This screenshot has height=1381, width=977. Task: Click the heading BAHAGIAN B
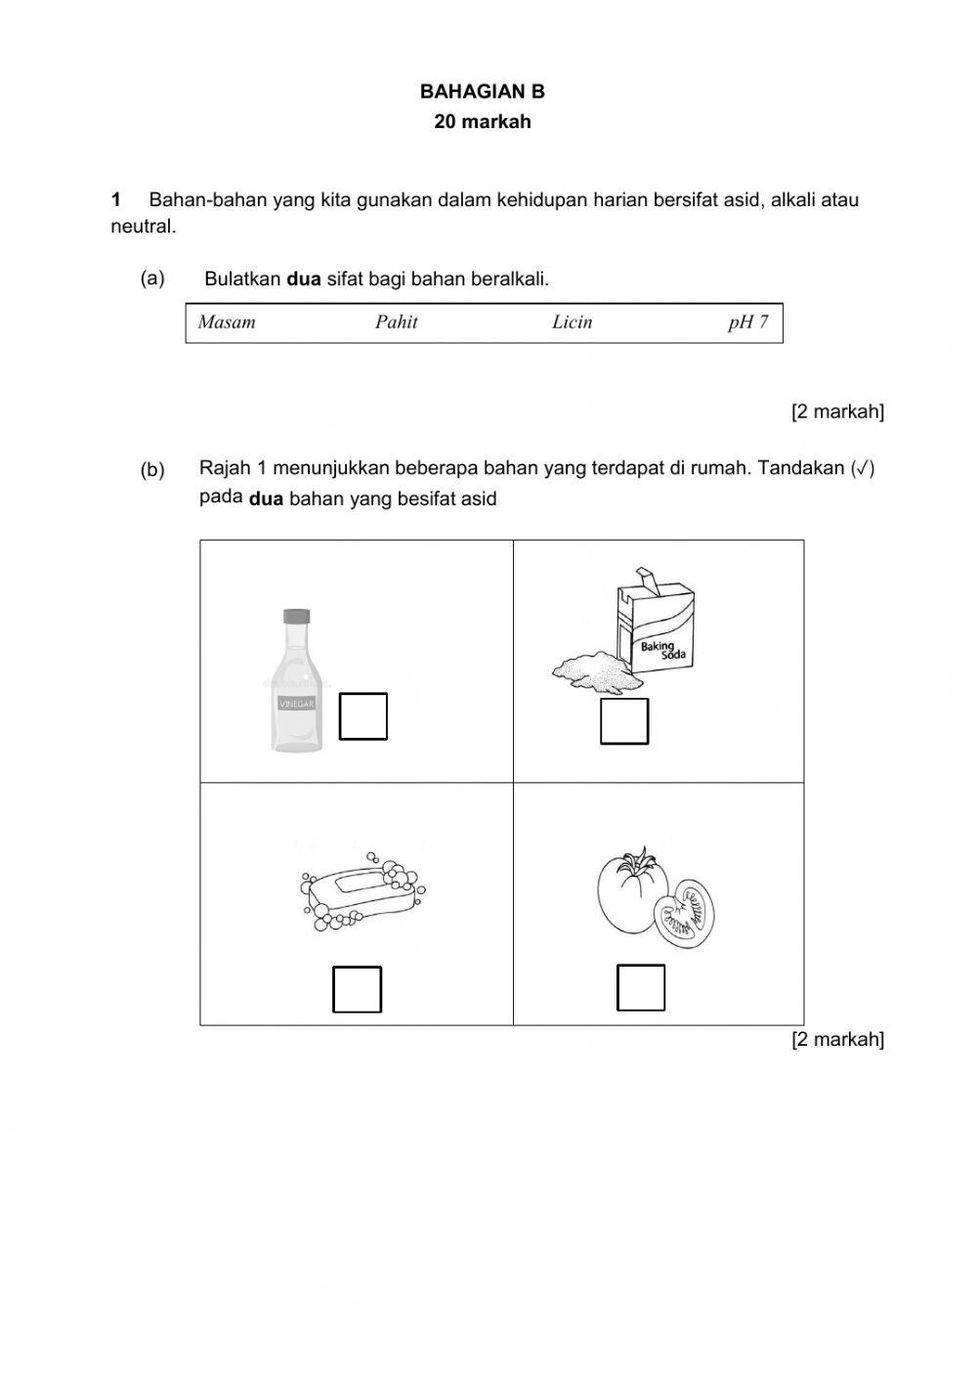pyautogui.click(x=482, y=92)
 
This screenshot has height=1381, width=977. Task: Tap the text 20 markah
pyautogui.click(x=483, y=122)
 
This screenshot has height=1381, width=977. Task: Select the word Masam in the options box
pyautogui.click(x=227, y=323)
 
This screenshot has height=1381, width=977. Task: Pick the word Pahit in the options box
pyautogui.click(x=396, y=323)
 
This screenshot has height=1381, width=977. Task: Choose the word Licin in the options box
pyautogui.click(x=572, y=323)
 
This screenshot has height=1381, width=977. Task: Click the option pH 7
pyautogui.click(x=747, y=323)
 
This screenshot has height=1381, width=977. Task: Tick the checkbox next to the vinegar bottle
pyautogui.click(x=363, y=716)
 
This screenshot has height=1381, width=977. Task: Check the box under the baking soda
pyautogui.click(x=624, y=721)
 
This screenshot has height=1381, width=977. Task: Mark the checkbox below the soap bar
pyautogui.click(x=358, y=989)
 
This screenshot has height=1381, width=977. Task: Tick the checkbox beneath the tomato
pyautogui.click(x=641, y=987)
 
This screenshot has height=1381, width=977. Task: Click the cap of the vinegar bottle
pyautogui.click(x=296, y=617)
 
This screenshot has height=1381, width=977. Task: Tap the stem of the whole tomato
pyautogui.click(x=640, y=861)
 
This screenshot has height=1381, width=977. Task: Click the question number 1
pyautogui.click(x=116, y=200)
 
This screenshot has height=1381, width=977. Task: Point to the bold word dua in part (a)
pyautogui.click(x=303, y=280)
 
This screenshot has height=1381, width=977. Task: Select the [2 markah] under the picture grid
pyautogui.click(x=837, y=1039)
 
